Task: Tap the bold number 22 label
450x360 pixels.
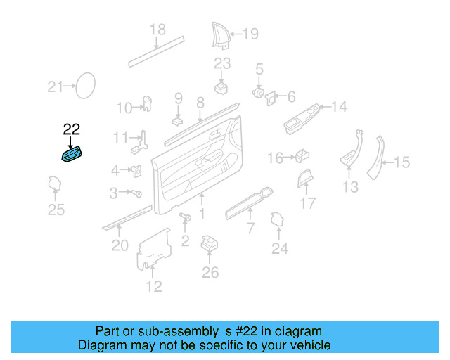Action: pyautogui.click(x=71, y=129)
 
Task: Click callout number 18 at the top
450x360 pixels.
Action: pyautogui.click(x=157, y=29)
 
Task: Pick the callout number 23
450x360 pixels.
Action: pyautogui.click(x=222, y=63)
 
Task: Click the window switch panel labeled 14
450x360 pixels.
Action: pyautogui.click(x=303, y=117)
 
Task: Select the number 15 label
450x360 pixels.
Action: pyautogui.click(x=401, y=163)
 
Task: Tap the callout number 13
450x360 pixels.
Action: pyautogui.click(x=350, y=186)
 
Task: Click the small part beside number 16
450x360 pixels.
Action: pyautogui.click(x=302, y=154)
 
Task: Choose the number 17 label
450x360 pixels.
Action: pyautogui.click(x=308, y=204)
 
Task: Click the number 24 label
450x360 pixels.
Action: pyautogui.click(x=280, y=247)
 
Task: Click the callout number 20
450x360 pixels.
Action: pyautogui.click(x=120, y=245)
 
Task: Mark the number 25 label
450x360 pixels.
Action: pyautogui.click(x=56, y=210)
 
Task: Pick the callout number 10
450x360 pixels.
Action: pyautogui.click(x=124, y=108)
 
